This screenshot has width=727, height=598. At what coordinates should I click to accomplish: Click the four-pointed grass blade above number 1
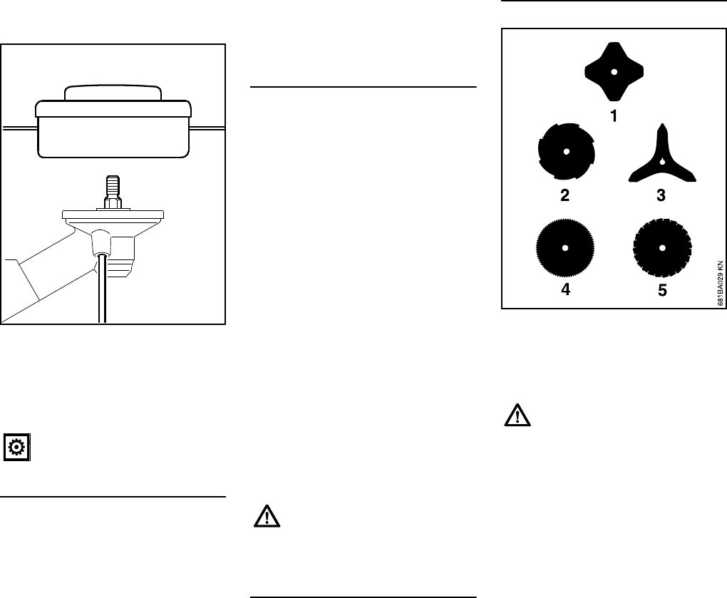tap(613, 71)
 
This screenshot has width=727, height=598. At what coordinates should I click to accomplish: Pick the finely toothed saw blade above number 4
tap(564, 248)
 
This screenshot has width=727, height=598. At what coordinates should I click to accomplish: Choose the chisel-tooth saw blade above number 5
tap(662, 248)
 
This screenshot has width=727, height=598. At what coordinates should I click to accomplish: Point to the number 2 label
tap(564, 196)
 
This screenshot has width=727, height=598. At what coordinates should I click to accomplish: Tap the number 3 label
tap(661, 196)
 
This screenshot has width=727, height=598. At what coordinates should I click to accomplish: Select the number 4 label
tap(564, 292)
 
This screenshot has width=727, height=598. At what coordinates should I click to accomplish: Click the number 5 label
tap(662, 292)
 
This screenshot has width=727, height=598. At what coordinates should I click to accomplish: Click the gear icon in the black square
tap(17, 448)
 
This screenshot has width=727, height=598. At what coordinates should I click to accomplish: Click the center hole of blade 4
tap(564, 248)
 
